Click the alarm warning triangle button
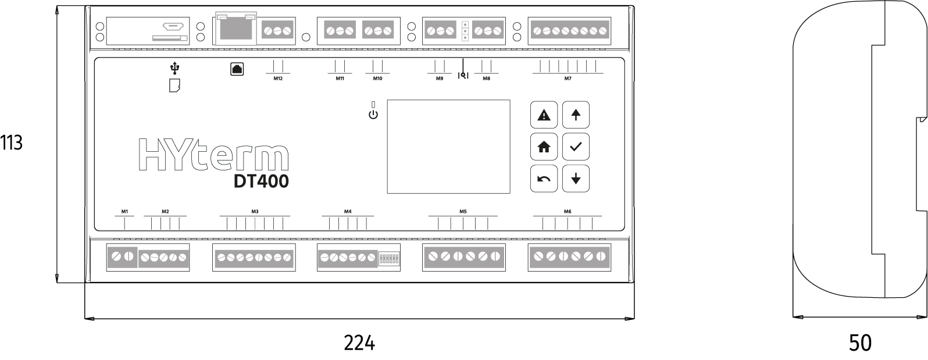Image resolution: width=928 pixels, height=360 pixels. pyautogui.click(x=544, y=115)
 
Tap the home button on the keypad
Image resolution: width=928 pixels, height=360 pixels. pyautogui.click(x=544, y=147)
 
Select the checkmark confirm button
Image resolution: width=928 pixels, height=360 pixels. pyautogui.click(x=576, y=147)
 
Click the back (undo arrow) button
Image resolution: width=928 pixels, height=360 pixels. pyautogui.click(x=544, y=179)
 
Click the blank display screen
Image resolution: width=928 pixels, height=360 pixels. pyautogui.click(x=449, y=146)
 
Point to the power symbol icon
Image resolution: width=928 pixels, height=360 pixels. pyautogui.click(x=373, y=115)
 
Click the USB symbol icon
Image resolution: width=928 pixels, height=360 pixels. pyautogui.click(x=175, y=68)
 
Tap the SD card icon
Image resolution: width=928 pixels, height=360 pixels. pyautogui.click(x=174, y=85)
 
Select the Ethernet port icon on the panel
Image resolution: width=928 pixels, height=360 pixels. pyautogui.click(x=237, y=69)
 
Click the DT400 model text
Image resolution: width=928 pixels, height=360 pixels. pyautogui.click(x=261, y=181)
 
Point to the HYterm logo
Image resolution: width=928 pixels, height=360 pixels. pyautogui.click(x=214, y=155)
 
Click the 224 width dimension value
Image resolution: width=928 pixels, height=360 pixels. pyautogui.click(x=359, y=343)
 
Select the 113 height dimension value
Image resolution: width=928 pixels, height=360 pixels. pyautogui.click(x=11, y=142)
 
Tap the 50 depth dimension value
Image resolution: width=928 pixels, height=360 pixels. pyautogui.click(x=860, y=343)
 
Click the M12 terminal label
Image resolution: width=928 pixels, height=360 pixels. pyautogui.click(x=278, y=79)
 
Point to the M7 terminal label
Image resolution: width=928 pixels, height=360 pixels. pyautogui.click(x=567, y=79)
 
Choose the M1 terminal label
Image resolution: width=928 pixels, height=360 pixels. pyautogui.click(x=124, y=211)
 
